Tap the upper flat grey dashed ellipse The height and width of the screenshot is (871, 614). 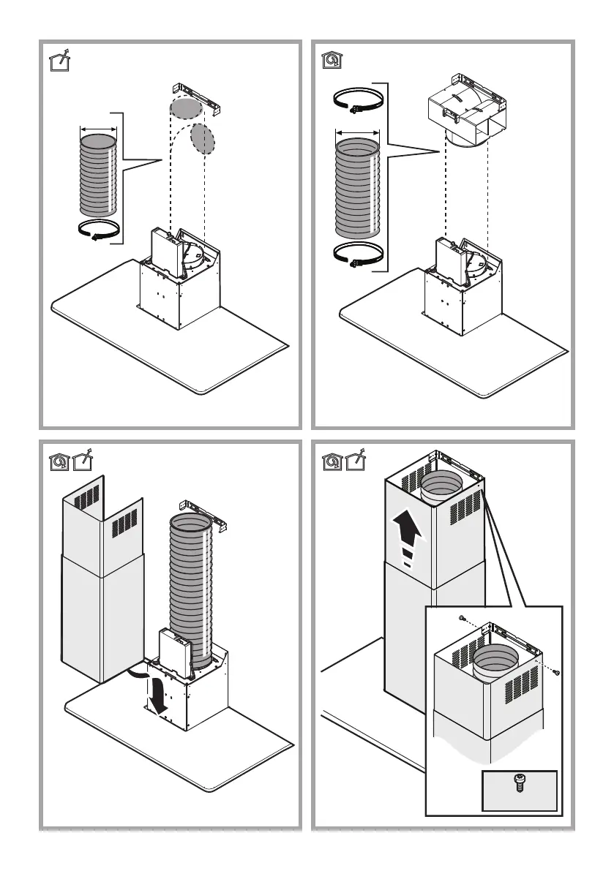pyautogui.click(x=185, y=108)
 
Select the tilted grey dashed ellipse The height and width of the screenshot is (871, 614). pyautogui.click(x=203, y=137)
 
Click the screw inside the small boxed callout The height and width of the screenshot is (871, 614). pyautogui.click(x=519, y=789)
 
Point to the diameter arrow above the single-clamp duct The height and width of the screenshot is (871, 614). pyautogui.click(x=98, y=129)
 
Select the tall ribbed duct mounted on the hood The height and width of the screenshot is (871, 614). pyautogui.click(x=192, y=585)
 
